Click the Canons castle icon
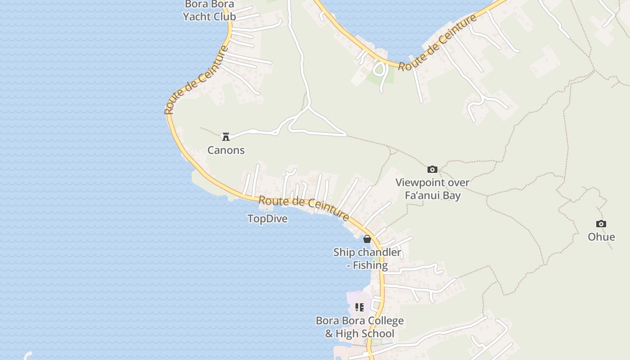tap(226, 136)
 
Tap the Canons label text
tap(226, 150)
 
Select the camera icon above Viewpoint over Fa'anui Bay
tap(432, 169)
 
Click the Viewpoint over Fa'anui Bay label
tap(432, 189)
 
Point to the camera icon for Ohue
tap(601, 224)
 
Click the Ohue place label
tap(601, 237)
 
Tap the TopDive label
tap(267, 219)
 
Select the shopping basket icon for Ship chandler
tap(367, 239)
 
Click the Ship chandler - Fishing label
tap(367, 259)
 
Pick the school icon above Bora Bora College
tap(360, 307)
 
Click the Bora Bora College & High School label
tap(360, 327)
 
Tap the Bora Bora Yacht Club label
tap(209, 11)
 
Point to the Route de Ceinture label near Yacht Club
tap(197, 80)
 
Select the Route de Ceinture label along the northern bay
tap(437, 43)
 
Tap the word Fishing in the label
tap(370, 265)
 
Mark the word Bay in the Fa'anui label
tap(452, 195)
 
